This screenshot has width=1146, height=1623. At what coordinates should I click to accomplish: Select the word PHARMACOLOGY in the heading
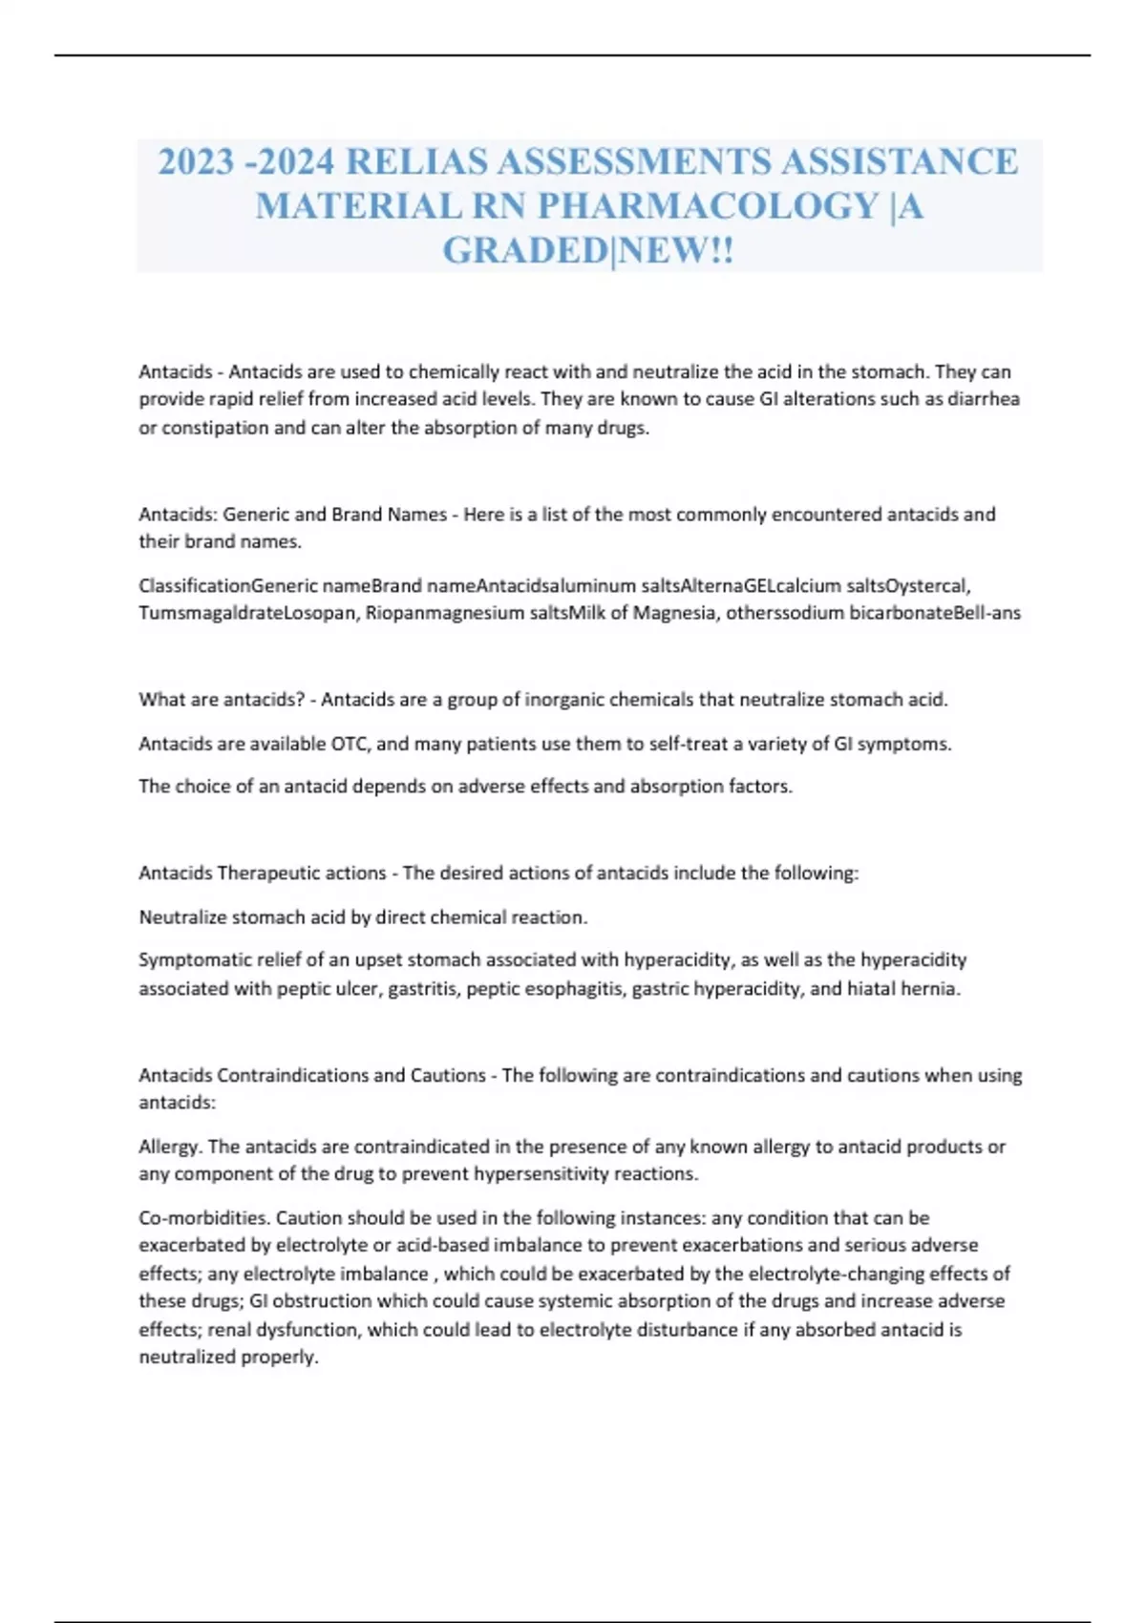tap(709, 206)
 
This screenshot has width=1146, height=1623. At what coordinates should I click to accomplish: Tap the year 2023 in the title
tap(196, 161)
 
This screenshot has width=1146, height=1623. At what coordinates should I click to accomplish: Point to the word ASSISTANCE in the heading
tap(899, 161)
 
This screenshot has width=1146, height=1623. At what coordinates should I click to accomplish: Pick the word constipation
tap(215, 428)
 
